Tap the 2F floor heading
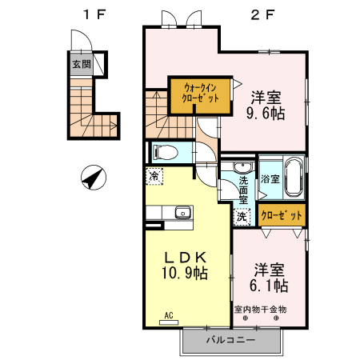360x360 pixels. [x=259, y=14]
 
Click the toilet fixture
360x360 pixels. [x=166, y=151]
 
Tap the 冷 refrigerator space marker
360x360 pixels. [x=152, y=174]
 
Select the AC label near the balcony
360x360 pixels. [x=169, y=315]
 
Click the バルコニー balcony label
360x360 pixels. [x=230, y=340]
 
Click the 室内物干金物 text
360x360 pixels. [x=260, y=309]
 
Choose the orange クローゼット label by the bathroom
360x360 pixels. [x=282, y=215]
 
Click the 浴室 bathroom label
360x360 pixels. [x=270, y=179]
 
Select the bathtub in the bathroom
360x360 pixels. [x=293, y=177]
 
